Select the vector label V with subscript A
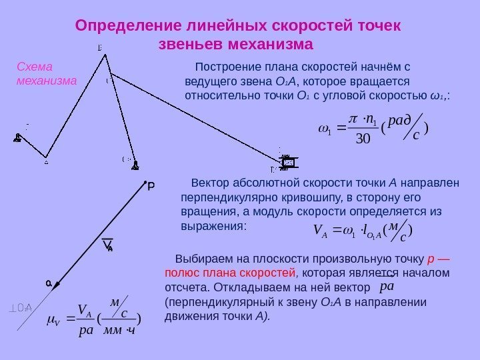pos(107,246)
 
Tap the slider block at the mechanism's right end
pos(288,163)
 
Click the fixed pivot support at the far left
pos(18,138)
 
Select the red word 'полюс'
pos(181,273)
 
